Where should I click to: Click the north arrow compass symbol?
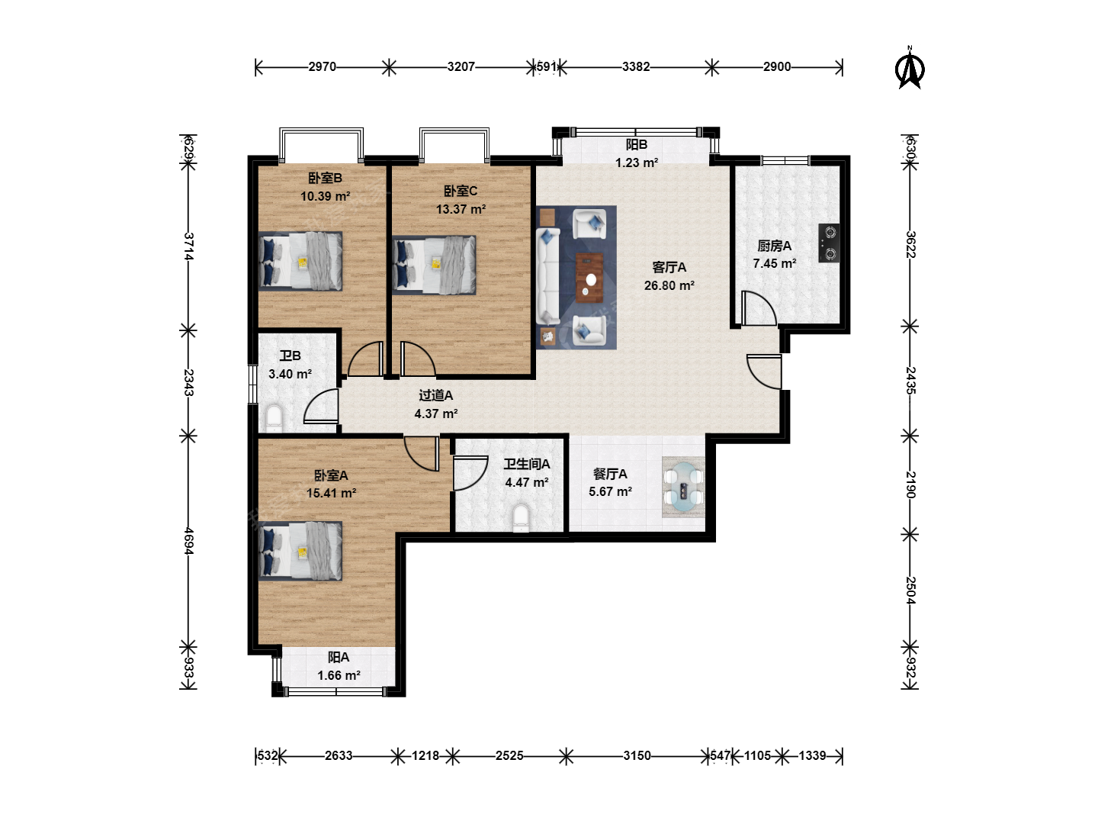pyautogui.click(x=910, y=68)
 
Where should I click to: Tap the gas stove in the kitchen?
pyautogui.click(x=829, y=243)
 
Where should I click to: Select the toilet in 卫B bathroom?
pyautogui.click(x=274, y=418)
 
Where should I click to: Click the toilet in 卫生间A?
pyautogui.click(x=522, y=517)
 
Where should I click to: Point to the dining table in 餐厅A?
pyautogui.click(x=683, y=487)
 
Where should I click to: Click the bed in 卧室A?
pyautogui.click(x=300, y=552)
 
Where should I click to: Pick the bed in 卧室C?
pyautogui.click(x=434, y=266)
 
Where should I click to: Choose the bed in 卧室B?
pyautogui.click(x=300, y=261)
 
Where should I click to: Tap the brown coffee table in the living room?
pyautogui.click(x=589, y=278)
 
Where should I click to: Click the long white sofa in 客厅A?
pyautogui.click(x=547, y=276)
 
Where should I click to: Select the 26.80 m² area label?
pyautogui.click(x=669, y=285)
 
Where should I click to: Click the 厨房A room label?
pyautogui.click(x=775, y=246)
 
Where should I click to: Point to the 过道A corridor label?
pyautogui.click(x=435, y=395)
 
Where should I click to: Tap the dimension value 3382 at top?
pyautogui.click(x=636, y=66)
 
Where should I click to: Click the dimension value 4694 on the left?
pyautogui.click(x=188, y=541)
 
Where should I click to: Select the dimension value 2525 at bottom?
pyautogui.click(x=509, y=755)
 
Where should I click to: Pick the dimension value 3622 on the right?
pyautogui.click(x=910, y=245)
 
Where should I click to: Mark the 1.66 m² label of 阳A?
pyautogui.click(x=339, y=675)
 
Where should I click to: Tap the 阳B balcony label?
pyautogui.click(x=636, y=145)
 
